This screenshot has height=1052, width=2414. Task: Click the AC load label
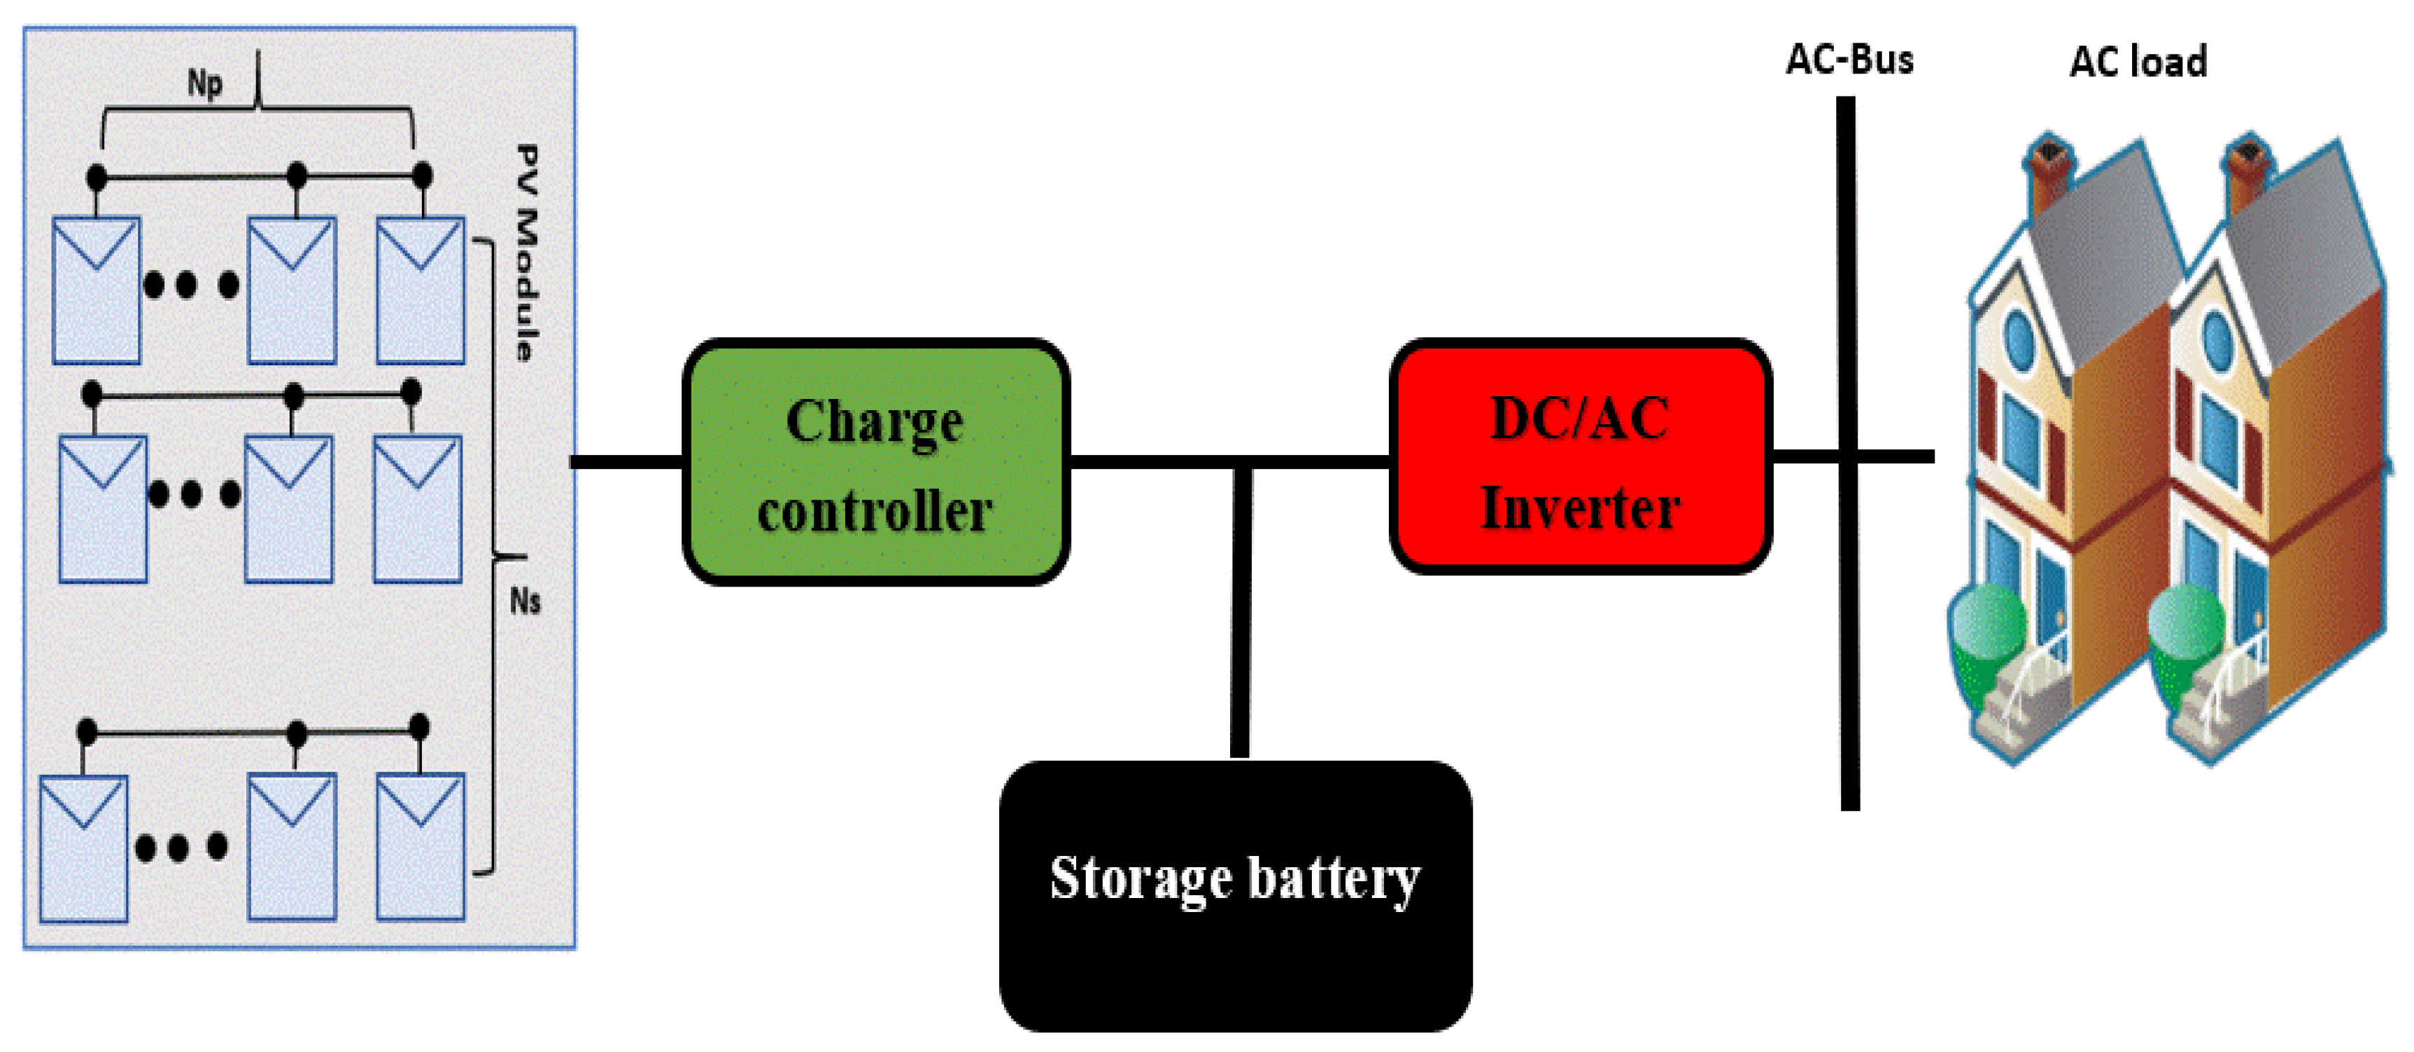tap(2138, 62)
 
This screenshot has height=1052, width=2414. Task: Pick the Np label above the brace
tap(204, 83)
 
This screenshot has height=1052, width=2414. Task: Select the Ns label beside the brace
tap(525, 600)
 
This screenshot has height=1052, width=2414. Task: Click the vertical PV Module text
tap(528, 253)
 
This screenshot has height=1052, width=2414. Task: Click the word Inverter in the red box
tap(1580, 508)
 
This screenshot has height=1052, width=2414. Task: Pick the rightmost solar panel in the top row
tap(420, 290)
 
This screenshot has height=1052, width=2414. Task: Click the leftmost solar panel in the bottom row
tap(83, 848)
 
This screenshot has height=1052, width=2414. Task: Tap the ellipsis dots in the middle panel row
tap(193, 493)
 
